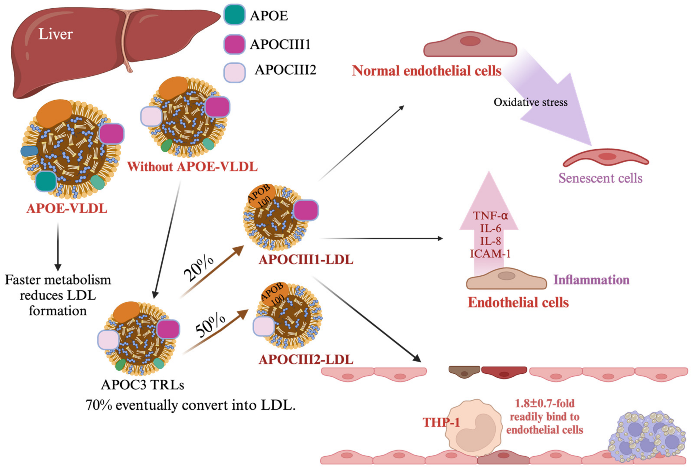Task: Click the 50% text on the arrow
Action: (x=210, y=325)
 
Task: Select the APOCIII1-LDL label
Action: (x=306, y=260)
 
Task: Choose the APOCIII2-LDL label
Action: (x=306, y=359)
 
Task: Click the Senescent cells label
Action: (x=600, y=178)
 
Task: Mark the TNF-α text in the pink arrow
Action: (x=490, y=215)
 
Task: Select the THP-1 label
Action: (x=441, y=422)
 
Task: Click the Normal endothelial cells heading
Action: (x=427, y=71)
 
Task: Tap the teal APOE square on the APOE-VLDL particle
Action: (x=46, y=181)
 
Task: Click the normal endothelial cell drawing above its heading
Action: (x=470, y=44)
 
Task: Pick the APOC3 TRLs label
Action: (x=142, y=385)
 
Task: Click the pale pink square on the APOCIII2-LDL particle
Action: (x=264, y=326)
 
